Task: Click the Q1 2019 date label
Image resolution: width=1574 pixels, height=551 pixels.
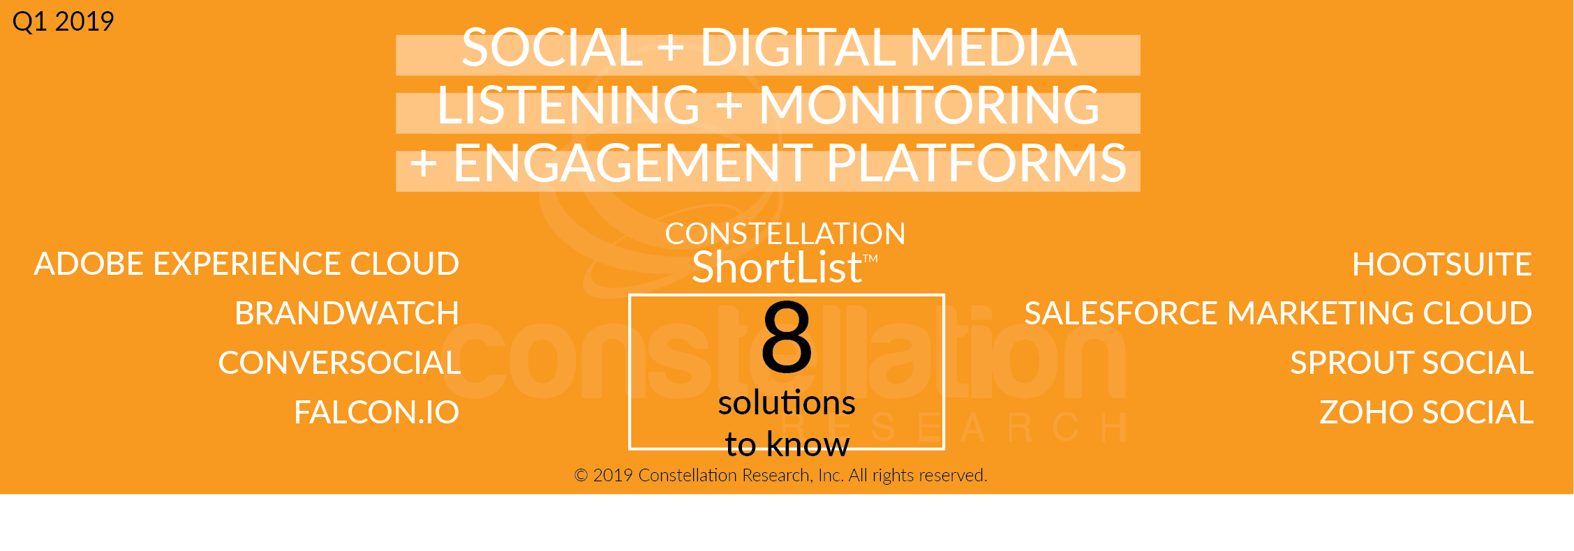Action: coord(63,22)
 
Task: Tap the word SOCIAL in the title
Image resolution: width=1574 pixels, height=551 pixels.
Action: coord(552,47)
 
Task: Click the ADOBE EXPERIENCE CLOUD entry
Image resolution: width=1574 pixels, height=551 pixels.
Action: coord(246,264)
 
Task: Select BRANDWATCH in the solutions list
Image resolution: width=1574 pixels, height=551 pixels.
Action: coord(347,313)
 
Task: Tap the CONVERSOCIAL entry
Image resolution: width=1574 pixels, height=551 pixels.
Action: coord(339,363)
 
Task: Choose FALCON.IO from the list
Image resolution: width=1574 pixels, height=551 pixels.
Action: coord(377,412)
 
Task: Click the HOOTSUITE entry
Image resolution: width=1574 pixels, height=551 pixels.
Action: coord(1442,264)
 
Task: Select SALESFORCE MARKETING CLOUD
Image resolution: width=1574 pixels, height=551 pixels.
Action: coord(1278,313)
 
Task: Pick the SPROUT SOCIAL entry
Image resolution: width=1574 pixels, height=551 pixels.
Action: coord(1411,363)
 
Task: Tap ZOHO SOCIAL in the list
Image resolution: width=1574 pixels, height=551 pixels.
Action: coord(1426,412)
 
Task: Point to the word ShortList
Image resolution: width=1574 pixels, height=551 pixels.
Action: coord(777,268)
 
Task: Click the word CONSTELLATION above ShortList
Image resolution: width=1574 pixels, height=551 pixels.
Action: coord(785,234)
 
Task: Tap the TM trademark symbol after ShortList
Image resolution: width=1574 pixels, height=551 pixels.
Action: coord(870,259)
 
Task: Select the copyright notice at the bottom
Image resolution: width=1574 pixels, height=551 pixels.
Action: coord(780,476)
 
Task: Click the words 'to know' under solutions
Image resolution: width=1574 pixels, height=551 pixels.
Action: coord(787,444)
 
